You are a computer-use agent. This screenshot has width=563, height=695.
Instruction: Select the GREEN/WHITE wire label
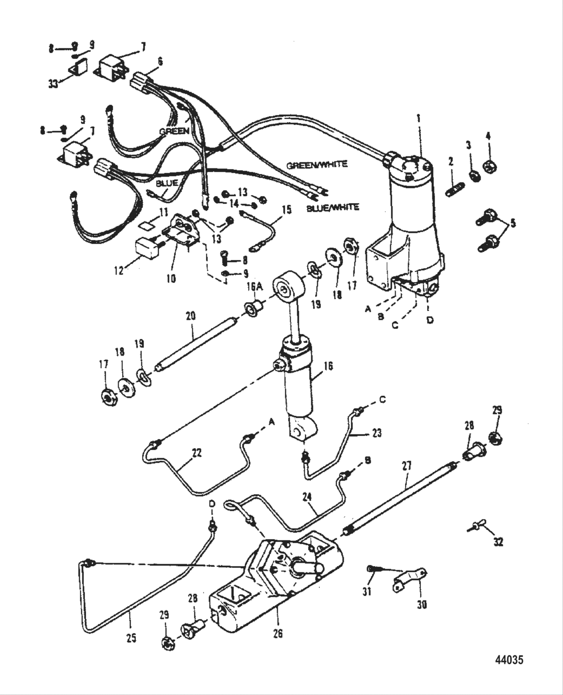[x=317, y=164]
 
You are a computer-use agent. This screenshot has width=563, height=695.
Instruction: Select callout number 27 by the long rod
[x=406, y=466]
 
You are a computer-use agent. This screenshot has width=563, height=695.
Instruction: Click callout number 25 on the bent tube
[x=131, y=638]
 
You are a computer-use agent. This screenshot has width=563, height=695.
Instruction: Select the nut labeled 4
[x=487, y=165]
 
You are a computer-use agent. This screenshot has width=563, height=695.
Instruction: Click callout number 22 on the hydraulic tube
[x=197, y=453]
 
